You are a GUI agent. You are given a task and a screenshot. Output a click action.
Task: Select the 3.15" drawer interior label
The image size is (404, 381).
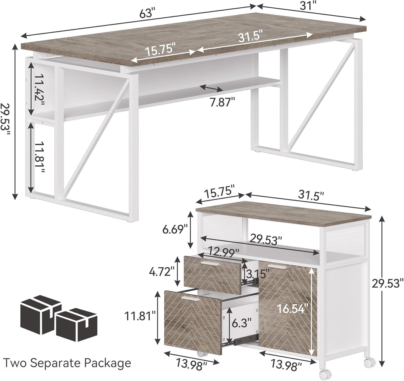pos(256,272)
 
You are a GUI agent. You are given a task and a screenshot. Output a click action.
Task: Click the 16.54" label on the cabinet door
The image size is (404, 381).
pos(292,308)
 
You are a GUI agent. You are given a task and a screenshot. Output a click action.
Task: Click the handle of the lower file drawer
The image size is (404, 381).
pos(190,299)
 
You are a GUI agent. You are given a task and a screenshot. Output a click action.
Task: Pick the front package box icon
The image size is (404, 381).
pos(76,325)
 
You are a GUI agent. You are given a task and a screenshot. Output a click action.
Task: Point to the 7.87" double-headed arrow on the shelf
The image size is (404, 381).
pos(211,88)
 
